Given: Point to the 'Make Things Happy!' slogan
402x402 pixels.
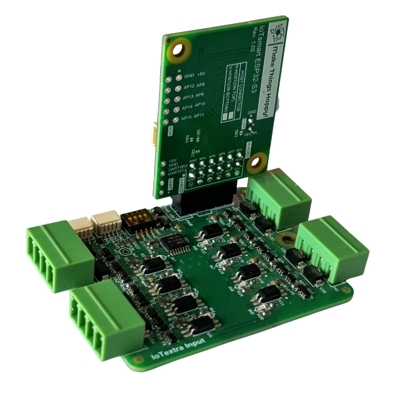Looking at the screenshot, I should tap(275, 63).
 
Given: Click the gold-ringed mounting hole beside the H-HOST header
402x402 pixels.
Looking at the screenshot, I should tap(254, 166).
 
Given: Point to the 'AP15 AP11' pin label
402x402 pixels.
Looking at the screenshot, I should tap(193, 119).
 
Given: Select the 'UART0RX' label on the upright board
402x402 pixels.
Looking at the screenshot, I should tap(178, 168).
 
